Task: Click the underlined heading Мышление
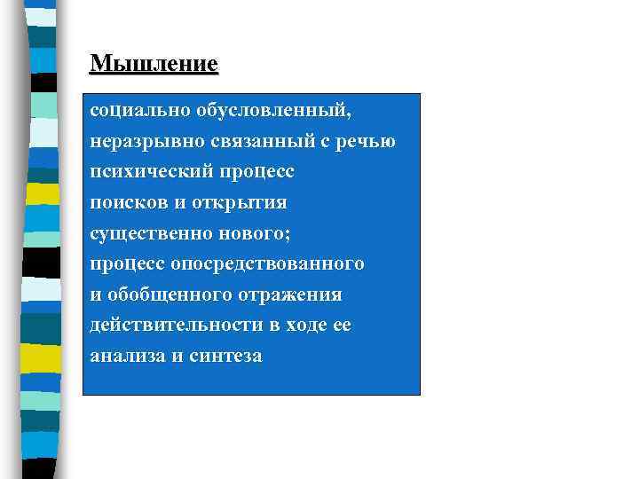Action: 154,65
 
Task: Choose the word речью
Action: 369,142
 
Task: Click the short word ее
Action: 342,325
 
